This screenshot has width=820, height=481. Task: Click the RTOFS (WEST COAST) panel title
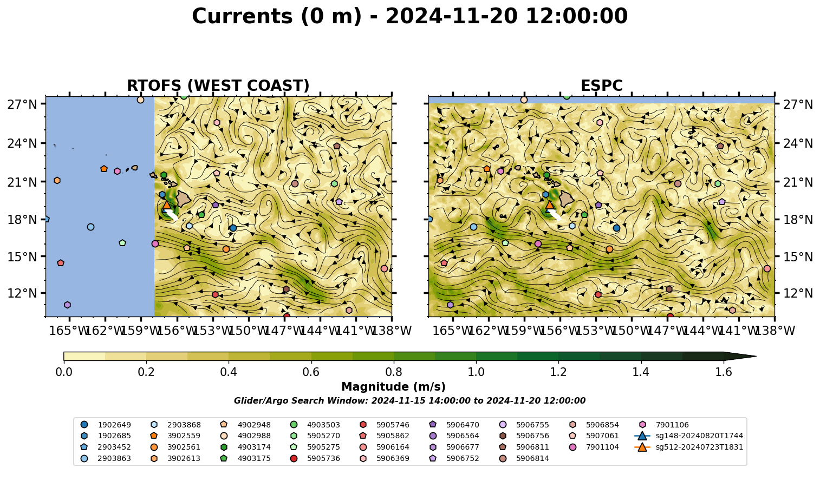point(218,86)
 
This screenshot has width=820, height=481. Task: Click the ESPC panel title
point(601,86)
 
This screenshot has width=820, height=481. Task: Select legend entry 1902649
point(106,425)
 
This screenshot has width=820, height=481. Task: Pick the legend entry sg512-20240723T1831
point(688,447)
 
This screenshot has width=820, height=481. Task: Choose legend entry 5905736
point(315,458)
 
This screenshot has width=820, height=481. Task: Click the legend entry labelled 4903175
point(245,458)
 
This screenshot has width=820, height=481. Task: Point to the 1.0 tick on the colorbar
point(476,372)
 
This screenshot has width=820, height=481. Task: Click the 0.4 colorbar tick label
point(229,372)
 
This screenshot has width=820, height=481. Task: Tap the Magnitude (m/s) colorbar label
point(394,387)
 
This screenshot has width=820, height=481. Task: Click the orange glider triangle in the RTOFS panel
point(167,204)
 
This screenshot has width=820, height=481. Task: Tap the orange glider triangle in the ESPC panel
point(550,204)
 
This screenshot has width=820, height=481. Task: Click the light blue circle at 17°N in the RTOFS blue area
point(91,227)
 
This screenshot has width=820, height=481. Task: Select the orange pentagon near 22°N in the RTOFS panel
point(103,169)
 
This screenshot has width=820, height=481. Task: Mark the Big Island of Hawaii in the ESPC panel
point(567,199)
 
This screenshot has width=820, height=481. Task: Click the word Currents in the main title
point(242,16)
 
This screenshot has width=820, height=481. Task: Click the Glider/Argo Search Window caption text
point(409,400)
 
